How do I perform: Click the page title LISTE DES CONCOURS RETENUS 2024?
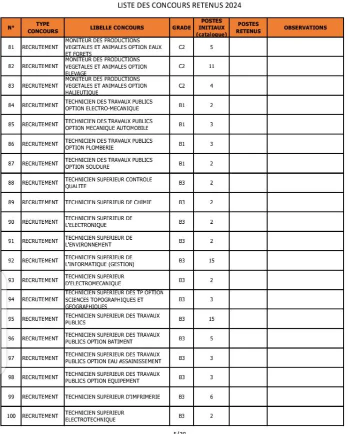click(179, 6)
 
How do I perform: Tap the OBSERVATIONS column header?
click(305, 28)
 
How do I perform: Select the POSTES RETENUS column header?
click(248, 28)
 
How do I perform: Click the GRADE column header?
click(181, 28)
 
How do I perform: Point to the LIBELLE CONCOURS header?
click(117, 28)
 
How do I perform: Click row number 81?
click(11, 47)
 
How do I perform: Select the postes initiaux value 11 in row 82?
click(211, 66)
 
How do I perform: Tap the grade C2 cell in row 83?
click(181, 86)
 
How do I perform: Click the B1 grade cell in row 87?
click(181, 163)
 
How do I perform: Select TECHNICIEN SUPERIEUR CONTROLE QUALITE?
click(108, 183)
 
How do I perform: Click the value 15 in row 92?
click(211, 260)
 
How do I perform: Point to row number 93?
click(11, 280)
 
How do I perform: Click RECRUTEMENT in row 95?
click(40, 319)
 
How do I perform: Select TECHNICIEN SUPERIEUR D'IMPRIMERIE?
click(112, 396)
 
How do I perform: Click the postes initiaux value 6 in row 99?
click(211, 396)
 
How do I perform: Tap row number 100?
click(11, 416)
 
